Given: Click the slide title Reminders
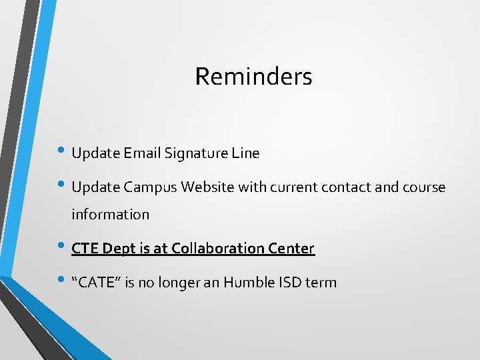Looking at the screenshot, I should point(253,77).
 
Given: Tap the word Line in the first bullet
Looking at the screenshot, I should point(246,153).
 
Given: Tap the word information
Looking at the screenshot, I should point(111,215).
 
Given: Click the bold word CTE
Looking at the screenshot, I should point(85,249).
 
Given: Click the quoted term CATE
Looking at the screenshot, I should point(98,283).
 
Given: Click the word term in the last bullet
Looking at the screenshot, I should point(322,283).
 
